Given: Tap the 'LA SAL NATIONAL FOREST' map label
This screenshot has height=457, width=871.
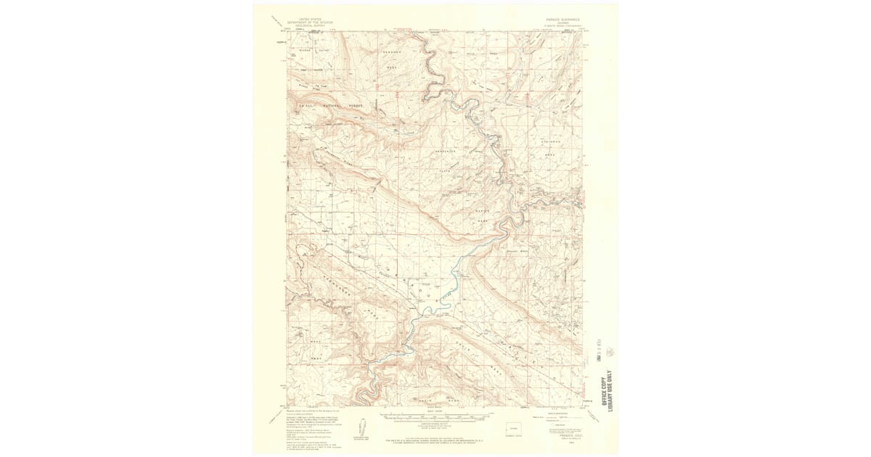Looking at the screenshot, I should (x=330, y=105).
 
